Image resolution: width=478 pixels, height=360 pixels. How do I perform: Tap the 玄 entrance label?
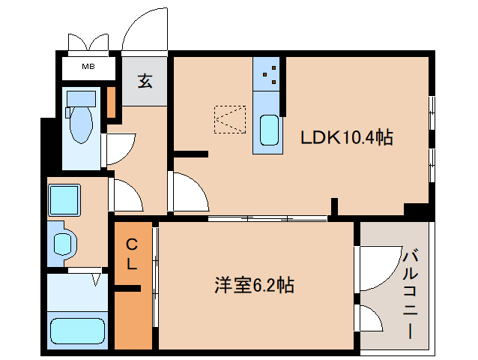[x=145, y=80]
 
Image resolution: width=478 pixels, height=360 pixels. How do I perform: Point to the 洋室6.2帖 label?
[x=254, y=285]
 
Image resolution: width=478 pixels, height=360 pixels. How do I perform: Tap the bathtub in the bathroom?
[x=76, y=330]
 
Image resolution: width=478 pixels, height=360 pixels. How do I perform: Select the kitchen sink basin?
[x=269, y=132]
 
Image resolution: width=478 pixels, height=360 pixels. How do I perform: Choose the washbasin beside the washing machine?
[x=64, y=243]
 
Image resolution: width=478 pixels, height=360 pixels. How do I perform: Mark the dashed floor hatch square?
[x=229, y=118]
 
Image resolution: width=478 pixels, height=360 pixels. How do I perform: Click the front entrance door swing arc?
[x=145, y=31]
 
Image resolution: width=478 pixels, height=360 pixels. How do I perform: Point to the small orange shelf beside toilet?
[x=111, y=103]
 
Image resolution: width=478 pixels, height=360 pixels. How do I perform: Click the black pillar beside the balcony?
[x=416, y=211]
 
